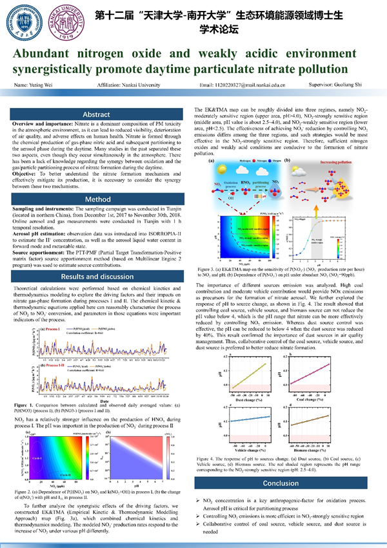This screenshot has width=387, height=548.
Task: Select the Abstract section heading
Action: [x=97, y=114]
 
